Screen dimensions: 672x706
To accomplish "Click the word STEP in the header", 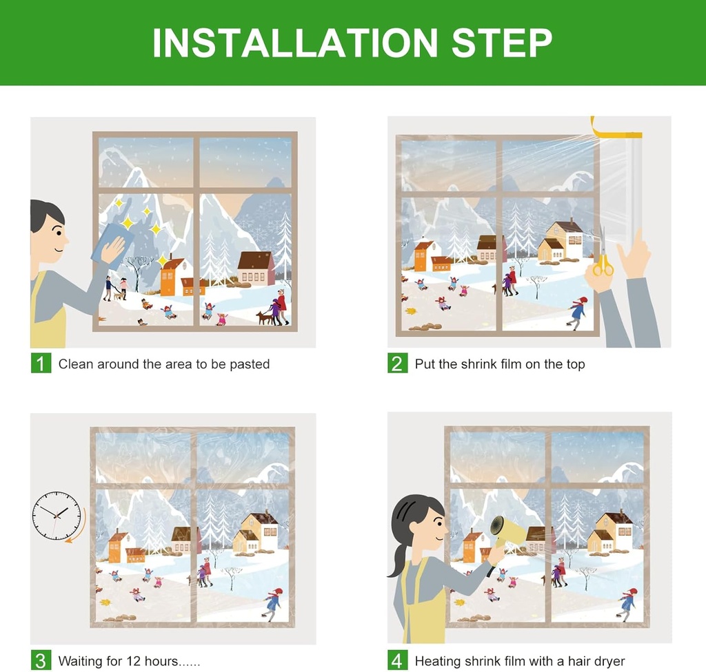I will pos(501,43).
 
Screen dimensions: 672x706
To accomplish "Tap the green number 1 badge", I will pos(41,363).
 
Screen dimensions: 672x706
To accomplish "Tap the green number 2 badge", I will pos(397,363).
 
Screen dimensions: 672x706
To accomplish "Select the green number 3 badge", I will pos(41,660).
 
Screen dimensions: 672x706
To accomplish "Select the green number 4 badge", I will pos(397,660).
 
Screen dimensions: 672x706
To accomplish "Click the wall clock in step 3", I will pos(56,515).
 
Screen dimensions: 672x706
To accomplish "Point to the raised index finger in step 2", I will pos(638,241).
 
